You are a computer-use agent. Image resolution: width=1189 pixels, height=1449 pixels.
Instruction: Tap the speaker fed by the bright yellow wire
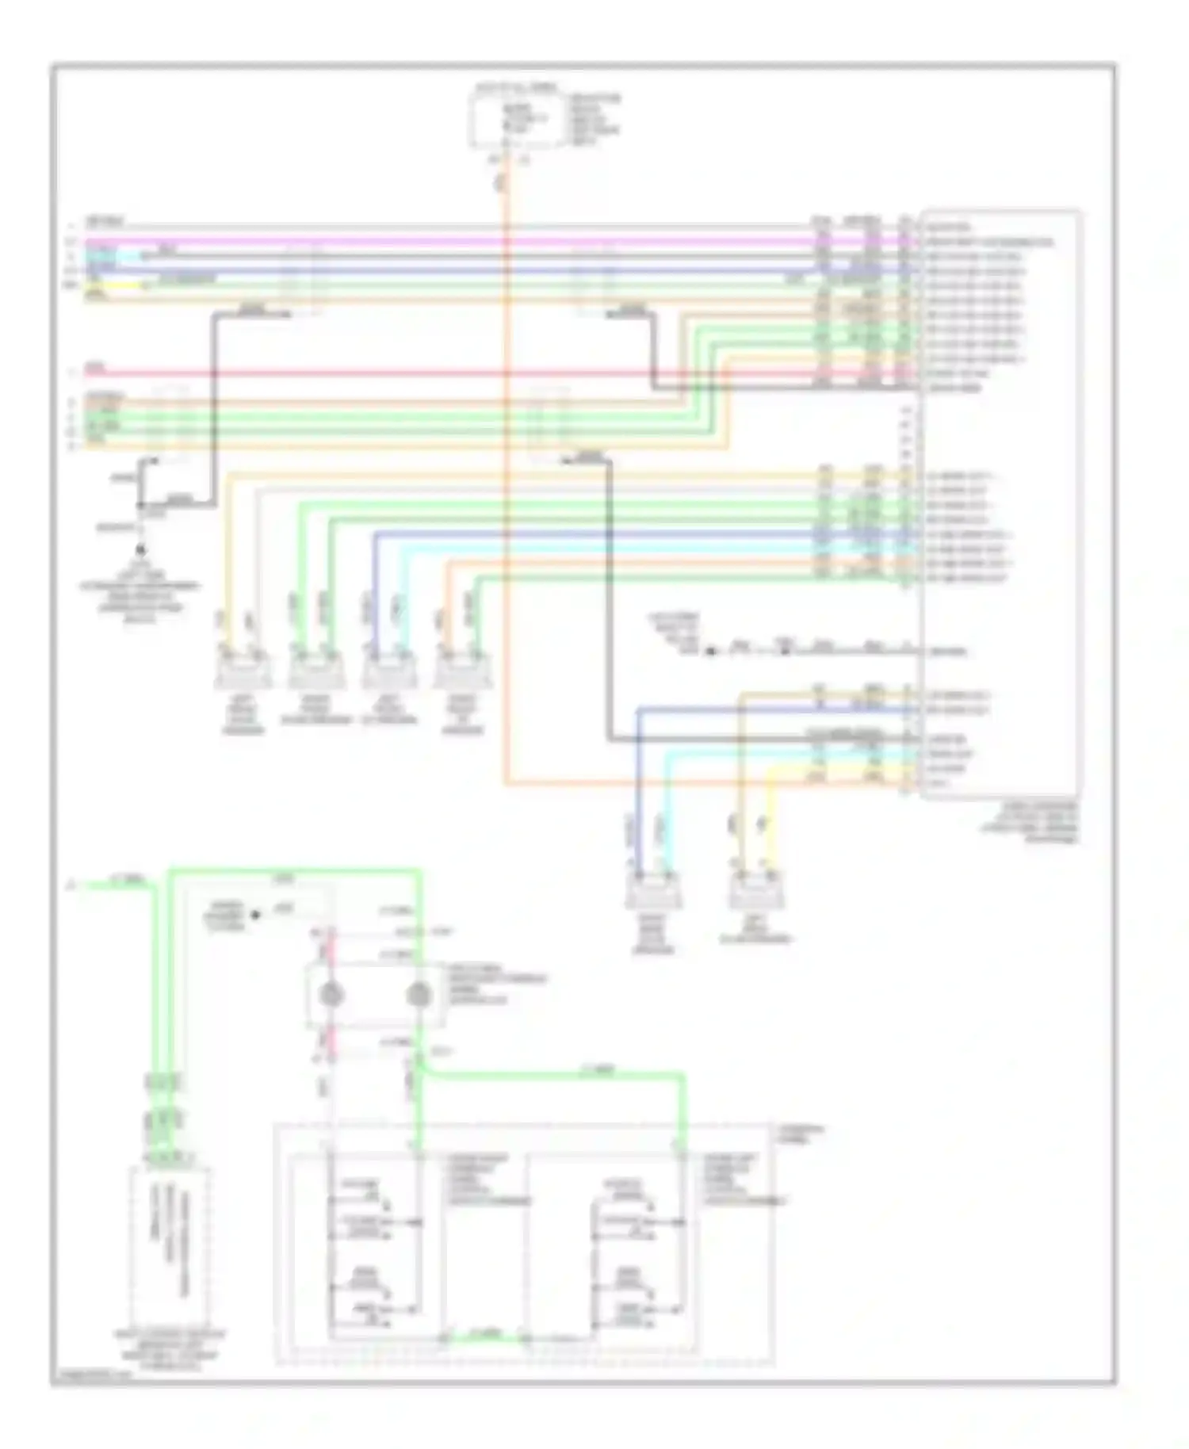(757, 894)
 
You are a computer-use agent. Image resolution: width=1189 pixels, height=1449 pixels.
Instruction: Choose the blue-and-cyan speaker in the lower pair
(653, 894)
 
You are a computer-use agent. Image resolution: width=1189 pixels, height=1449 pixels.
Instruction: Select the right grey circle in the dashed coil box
(418, 996)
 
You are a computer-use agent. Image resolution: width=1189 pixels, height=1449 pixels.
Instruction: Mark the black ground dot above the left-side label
(142, 549)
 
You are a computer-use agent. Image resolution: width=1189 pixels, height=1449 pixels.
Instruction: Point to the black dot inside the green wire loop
(255, 916)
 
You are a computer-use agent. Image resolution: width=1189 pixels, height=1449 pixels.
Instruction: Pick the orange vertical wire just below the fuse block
(505, 190)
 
